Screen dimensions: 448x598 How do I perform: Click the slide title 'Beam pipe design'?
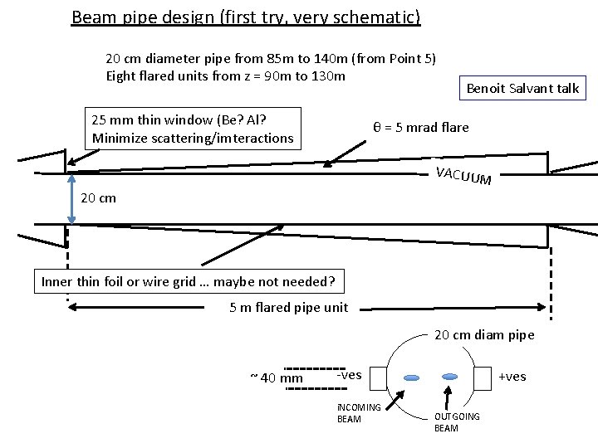246,17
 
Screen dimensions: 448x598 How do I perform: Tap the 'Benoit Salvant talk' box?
522,88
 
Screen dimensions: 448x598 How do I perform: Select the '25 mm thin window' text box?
193,129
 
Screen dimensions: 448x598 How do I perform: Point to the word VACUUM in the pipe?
463,174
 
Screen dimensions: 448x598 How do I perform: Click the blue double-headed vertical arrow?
71,198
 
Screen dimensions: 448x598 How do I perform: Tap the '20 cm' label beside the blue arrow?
98,198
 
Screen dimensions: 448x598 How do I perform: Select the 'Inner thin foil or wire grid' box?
188,282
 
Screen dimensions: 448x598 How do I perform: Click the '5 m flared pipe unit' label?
289,309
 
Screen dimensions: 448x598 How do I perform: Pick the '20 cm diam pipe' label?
485,335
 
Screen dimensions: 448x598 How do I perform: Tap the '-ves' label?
349,375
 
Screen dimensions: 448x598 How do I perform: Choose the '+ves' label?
512,377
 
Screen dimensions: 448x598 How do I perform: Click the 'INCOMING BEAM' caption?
358,412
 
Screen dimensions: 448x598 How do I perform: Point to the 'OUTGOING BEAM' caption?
457,421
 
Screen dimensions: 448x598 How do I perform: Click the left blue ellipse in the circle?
412,377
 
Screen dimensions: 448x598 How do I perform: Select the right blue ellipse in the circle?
451,376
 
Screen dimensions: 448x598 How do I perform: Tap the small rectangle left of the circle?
376,378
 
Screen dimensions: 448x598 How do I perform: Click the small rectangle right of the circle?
483,377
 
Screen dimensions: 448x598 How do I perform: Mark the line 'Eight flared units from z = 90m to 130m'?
225,76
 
